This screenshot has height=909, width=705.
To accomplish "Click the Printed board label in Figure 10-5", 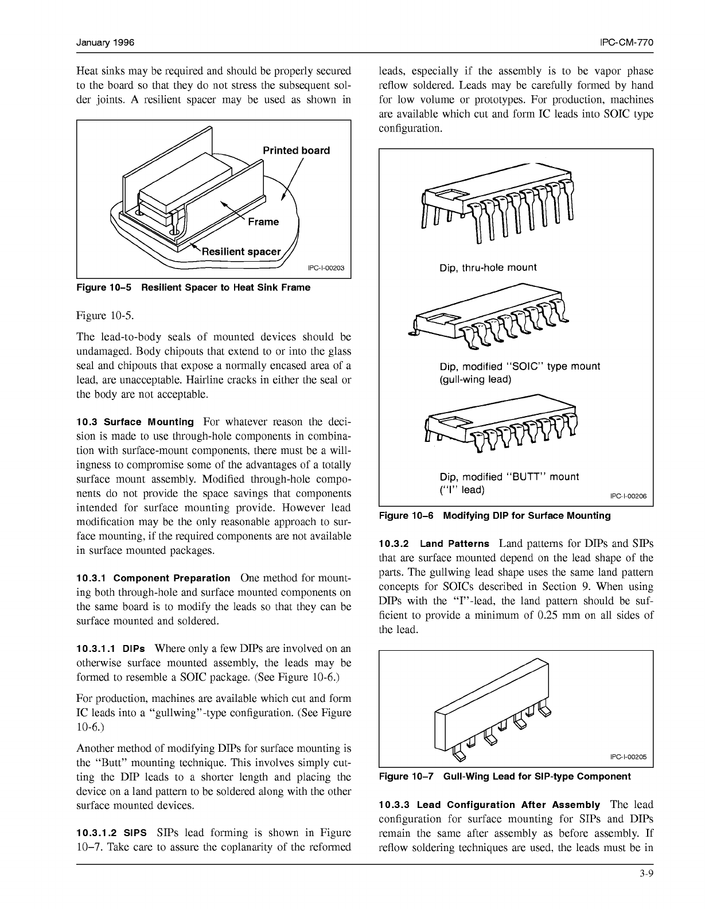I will click(296, 150).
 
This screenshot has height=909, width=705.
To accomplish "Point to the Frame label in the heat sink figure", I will click(263, 222).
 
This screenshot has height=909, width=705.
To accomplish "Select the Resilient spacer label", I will click(241, 251).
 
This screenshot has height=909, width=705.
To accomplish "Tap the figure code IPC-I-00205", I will click(628, 757).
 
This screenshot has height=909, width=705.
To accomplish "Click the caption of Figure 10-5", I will click(193, 287).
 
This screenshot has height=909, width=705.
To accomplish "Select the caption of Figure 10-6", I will click(494, 515).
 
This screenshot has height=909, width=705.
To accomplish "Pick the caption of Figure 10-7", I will click(505, 776).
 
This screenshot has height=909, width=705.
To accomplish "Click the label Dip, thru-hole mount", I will click(488, 267).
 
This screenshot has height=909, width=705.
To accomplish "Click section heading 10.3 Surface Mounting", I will click(135, 422).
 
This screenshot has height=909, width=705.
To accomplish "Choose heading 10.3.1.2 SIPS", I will click(111, 833).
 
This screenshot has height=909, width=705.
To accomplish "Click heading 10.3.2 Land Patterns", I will click(434, 543).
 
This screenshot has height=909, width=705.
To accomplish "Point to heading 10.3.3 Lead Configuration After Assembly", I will click(489, 805).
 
